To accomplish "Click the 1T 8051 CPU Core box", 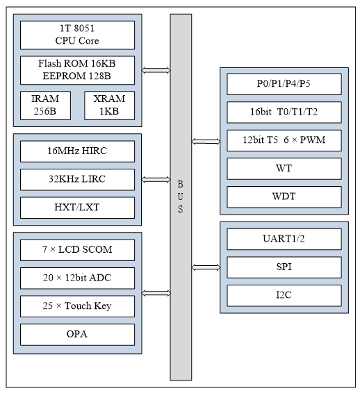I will pyautogui.click(x=77, y=35).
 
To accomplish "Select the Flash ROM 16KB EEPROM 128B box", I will pyautogui.click(x=77, y=69).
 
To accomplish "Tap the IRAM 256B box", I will pyautogui.click(x=45, y=105).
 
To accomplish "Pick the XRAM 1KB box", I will pyautogui.click(x=109, y=105).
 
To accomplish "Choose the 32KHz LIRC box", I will pyautogui.click(x=77, y=179).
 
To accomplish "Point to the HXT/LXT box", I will pyautogui.click(x=77, y=207).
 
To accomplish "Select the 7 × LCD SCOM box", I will pyautogui.click(x=77, y=249).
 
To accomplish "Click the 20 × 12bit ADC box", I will pyautogui.click(x=77, y=278).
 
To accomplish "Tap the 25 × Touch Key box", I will pyautogui.click(x=77, y=306).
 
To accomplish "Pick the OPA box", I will pyautogui.click(x=77, y=334).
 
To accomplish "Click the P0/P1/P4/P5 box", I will pyautogui.click(x=284, y=84).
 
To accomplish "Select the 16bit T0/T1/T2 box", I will pyautogui.click(x=284, y=112).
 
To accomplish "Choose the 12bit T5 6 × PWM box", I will pyautogui.click(x=284, y=140).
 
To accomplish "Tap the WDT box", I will pyautogui.click(x=284, y=196).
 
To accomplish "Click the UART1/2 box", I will pyautogui.click(x=284, y=239).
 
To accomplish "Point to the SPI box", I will pyautogui.click(x=284, y=267).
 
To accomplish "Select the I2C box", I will pyautogui.click(x=284, y=295).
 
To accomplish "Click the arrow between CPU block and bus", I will pyautogui.click(x=156, y=69).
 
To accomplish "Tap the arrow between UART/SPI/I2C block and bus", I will pyautogui.click(x=206, y=267).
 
